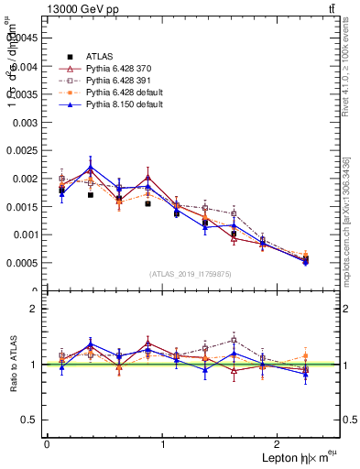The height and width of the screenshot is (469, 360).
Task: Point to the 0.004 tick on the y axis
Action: pos(27,66)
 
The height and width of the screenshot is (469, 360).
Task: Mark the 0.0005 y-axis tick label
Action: pos(25,263)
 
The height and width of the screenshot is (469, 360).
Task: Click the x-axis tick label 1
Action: pos(162,444)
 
